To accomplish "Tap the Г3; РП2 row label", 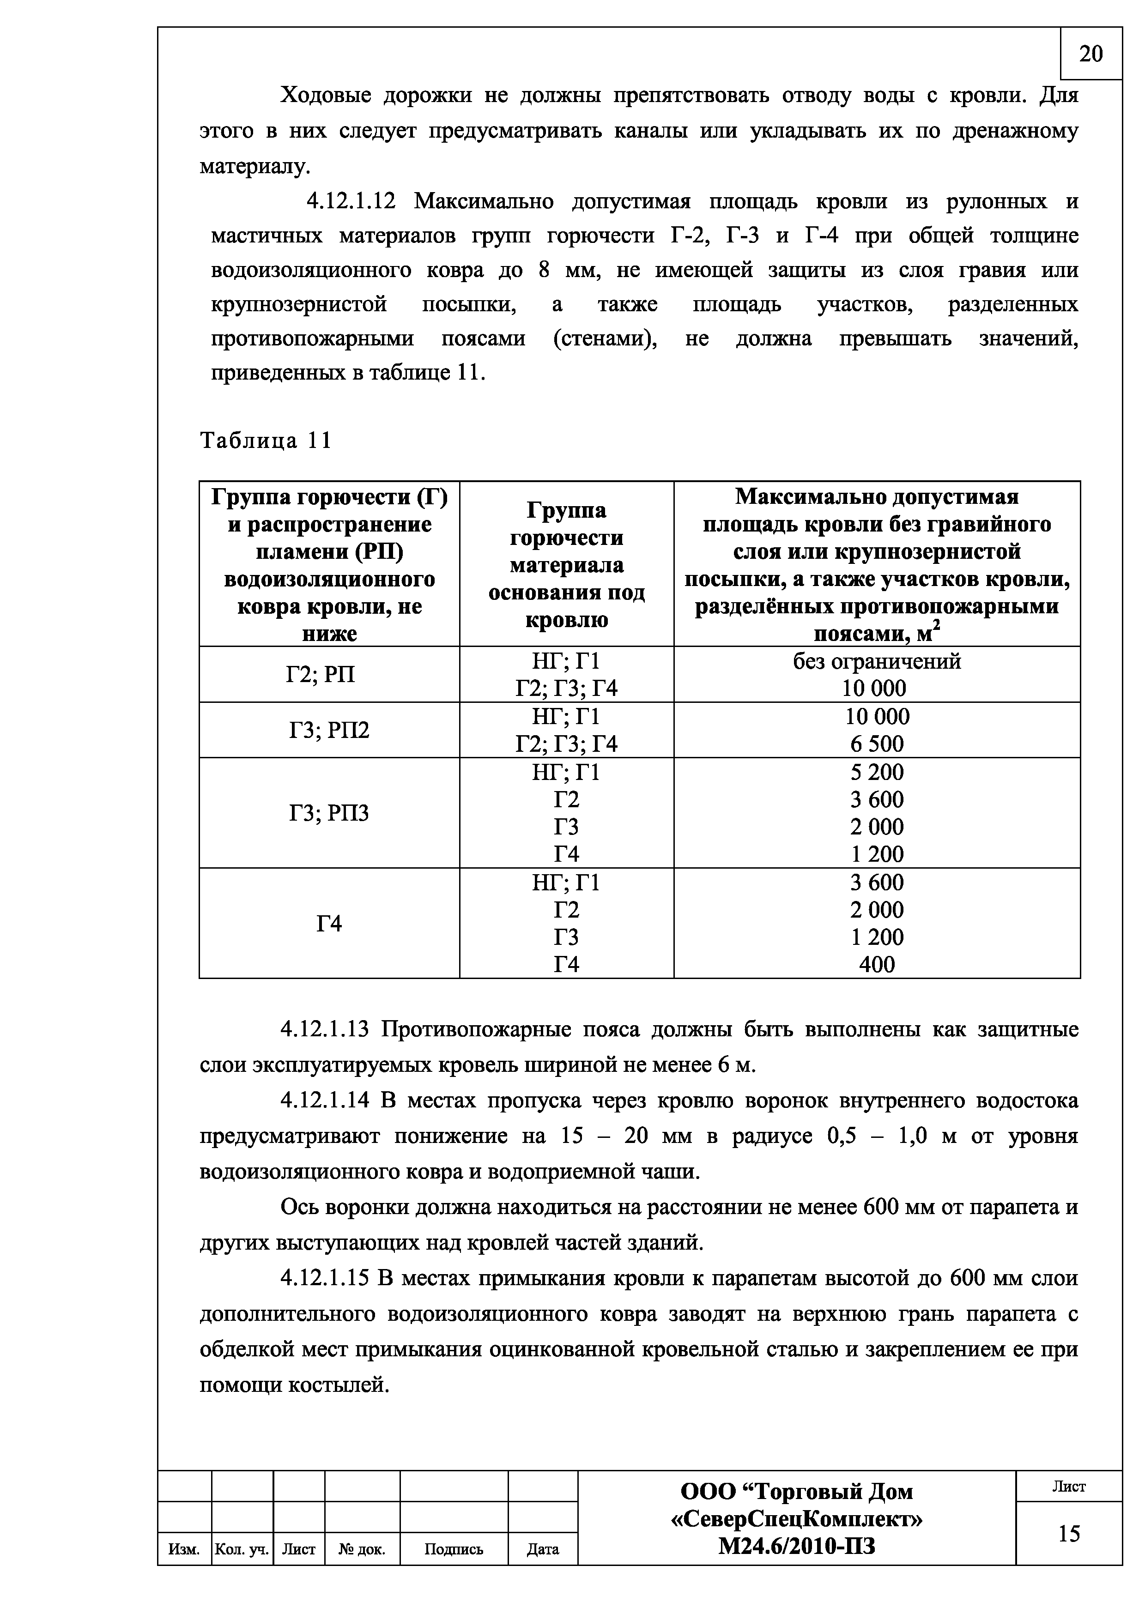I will tap(329, 730).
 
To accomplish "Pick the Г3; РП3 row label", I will tap(329, 813).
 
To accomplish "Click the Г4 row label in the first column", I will tap(329, 923).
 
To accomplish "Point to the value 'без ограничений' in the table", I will tap(877, 661).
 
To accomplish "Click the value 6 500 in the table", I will tap(877, 744).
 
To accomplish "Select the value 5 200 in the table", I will tap(877, 772).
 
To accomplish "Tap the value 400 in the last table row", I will tap(877, 964).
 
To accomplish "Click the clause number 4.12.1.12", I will tap(351, 202).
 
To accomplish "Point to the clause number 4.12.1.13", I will tap(325, 1029).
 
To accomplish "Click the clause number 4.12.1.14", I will tap(325, 1100).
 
